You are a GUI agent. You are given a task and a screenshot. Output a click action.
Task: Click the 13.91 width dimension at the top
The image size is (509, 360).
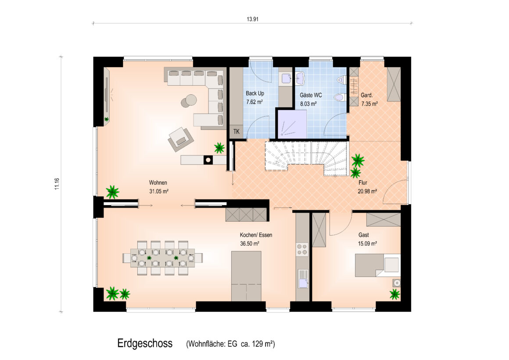click(252, 19)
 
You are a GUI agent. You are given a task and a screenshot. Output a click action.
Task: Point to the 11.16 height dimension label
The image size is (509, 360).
click(57, 184)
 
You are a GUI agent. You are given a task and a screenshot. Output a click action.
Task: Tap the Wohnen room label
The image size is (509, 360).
click(158, 183)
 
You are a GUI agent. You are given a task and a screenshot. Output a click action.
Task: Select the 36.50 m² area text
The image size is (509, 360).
click(250, 244)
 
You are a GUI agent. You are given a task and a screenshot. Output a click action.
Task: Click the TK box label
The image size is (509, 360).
click(237, 132)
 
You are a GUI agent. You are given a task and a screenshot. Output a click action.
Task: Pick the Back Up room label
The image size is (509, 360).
click(255, 93)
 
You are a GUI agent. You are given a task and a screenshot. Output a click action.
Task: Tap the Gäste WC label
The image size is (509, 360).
click(311, 95)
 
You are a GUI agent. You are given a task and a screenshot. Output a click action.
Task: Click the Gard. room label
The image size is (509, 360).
click(367, 95)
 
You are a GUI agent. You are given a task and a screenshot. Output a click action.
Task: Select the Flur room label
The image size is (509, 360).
click(363, 183)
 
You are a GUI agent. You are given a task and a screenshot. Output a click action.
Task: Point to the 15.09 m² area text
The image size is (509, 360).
click(367, 244)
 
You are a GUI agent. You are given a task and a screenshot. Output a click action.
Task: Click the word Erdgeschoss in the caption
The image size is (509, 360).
click(145, 343)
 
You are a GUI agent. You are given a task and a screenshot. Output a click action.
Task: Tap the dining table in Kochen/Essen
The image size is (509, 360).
click(163, 258)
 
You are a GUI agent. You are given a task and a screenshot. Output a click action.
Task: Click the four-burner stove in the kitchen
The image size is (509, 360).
click(302, 249)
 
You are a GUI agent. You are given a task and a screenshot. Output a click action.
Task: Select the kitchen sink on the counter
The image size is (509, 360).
click(303, 279)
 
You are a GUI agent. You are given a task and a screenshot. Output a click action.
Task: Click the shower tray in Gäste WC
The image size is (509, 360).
click(292, 124)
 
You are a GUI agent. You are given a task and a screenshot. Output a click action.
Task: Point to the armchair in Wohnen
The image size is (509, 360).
click(180, 139)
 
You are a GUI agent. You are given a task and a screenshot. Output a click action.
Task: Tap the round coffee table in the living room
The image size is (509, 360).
click(189, 101)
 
